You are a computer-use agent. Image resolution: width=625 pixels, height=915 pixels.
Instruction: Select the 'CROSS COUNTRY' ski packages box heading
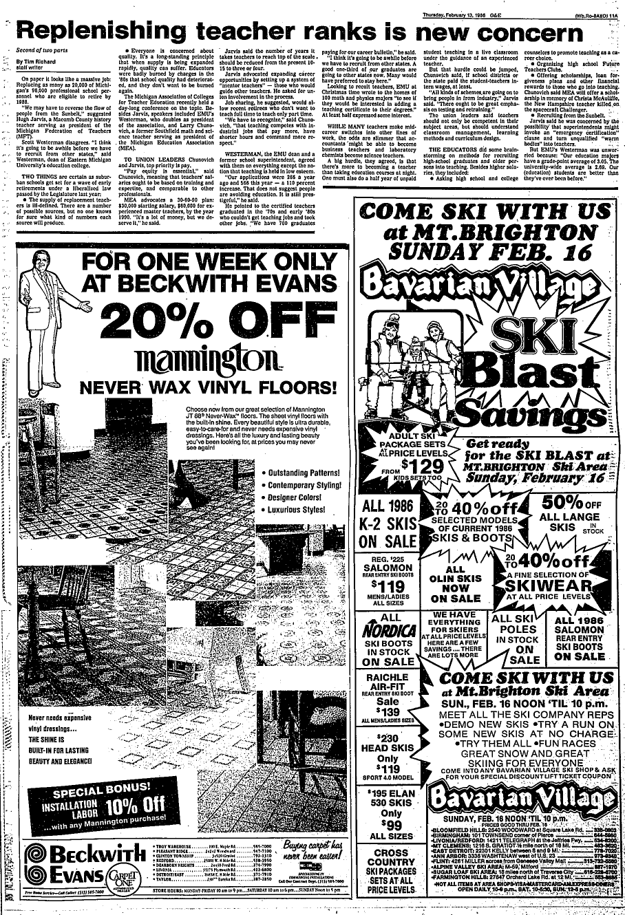click(x=390, y=859)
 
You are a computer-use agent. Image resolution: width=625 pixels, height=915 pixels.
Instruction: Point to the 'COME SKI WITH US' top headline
click(x=486, y=211)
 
